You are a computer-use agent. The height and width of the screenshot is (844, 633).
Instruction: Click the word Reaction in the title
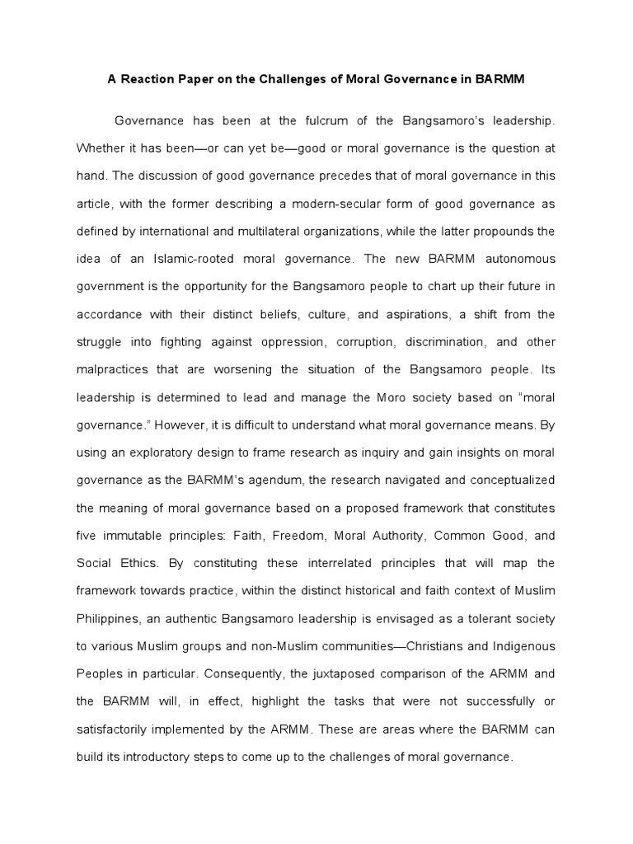coord(151,81)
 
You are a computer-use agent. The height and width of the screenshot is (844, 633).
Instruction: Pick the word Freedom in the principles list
coord(302,535)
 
